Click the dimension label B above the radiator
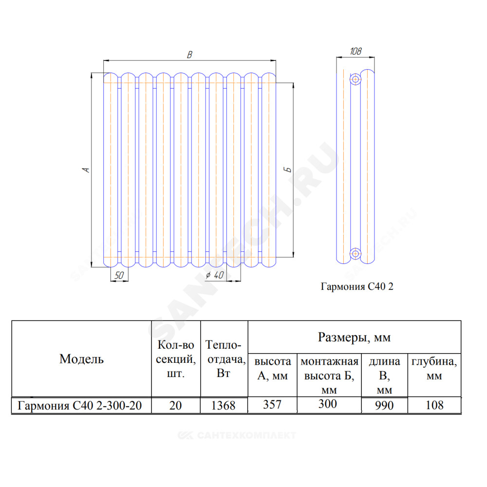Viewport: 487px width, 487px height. click(x=189, y=55)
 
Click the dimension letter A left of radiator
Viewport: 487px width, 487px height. click(x=86, y=170)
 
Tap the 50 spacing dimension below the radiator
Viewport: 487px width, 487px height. click(x=119, y=275)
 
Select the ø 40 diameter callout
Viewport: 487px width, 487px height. click(x=215, y=275)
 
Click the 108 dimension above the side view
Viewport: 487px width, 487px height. click(x=356, y=51)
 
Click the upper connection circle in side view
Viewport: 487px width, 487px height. click(x=356, y=79)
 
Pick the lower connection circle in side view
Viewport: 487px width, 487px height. click(x=356, y=254)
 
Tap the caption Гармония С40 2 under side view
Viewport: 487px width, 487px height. click(x=357, y=286)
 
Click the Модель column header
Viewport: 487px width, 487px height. click(x=81, y=359)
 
